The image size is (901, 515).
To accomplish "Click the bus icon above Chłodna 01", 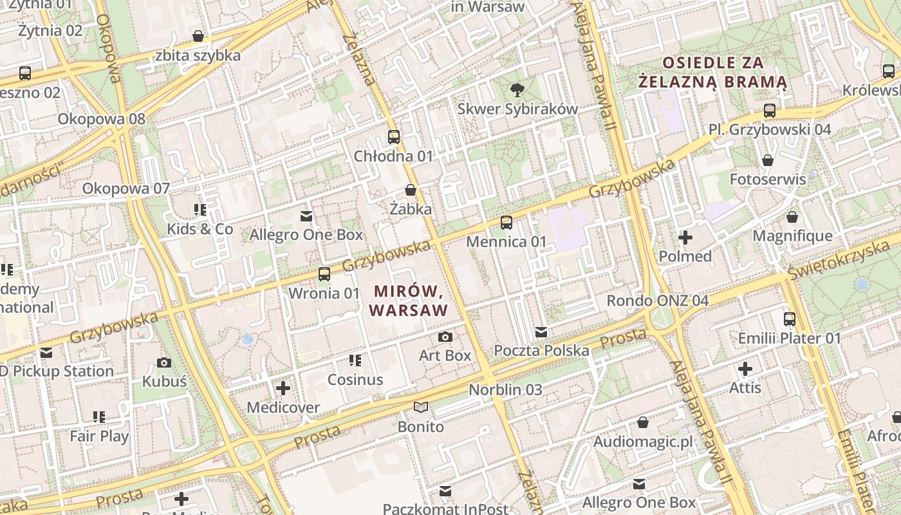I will coord(394,136).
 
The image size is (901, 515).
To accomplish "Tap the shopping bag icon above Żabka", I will coord(410,190).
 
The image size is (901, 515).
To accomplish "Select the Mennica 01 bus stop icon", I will coord(506,223).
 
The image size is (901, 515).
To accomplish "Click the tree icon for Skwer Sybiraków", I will coord(516,89).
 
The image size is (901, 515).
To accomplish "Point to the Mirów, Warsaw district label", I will coord(409,301).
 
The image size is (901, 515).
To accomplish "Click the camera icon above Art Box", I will coord(445,337).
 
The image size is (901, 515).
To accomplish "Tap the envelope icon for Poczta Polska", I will coord(541,332).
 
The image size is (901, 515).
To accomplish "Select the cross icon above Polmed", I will coord(685,238).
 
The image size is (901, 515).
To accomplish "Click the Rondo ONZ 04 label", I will coord(658,301).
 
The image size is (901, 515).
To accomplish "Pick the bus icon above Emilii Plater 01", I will coord(790,319).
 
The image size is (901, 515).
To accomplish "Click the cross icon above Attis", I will coord(745,369).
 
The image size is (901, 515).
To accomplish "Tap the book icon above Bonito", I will coord(421,407).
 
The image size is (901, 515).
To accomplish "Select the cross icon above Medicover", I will coord(283,388).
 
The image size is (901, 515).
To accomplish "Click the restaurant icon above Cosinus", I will coord(355,360).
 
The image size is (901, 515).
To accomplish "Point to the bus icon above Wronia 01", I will coord(324,274).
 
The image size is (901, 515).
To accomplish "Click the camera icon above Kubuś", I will coord(164,362).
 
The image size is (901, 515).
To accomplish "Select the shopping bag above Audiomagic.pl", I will coord(642,422).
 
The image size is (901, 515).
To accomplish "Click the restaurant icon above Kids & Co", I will coord(200,210).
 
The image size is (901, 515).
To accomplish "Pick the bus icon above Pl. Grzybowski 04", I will coord(769,111).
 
